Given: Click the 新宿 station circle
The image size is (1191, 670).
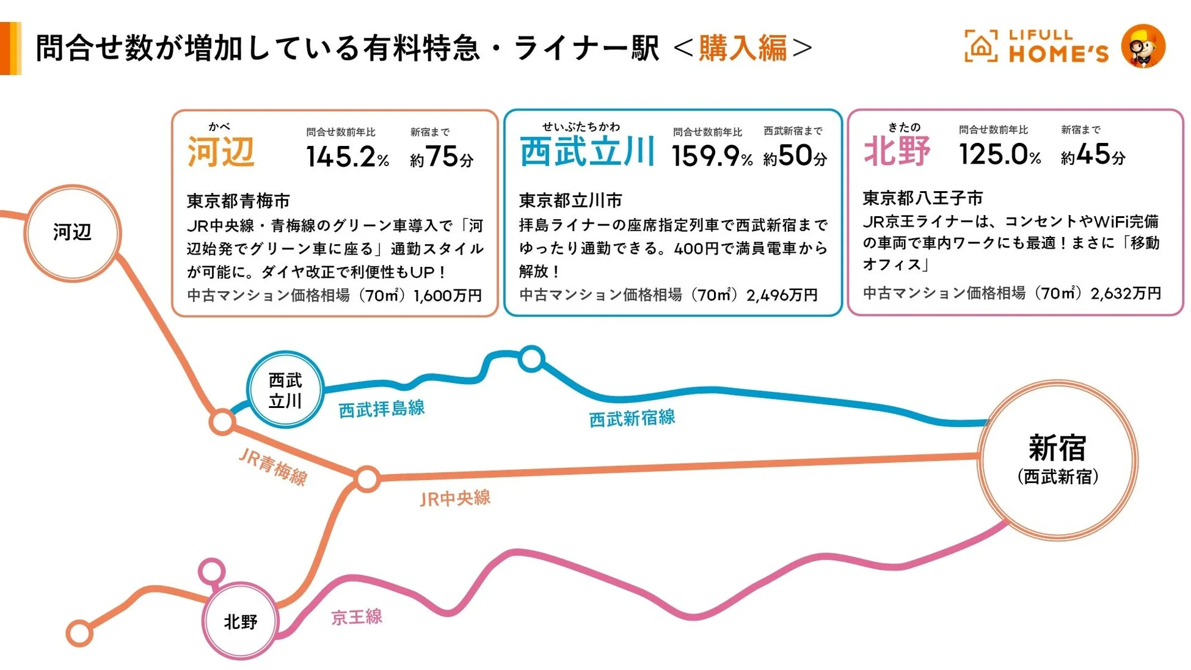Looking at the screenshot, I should (1057, 460).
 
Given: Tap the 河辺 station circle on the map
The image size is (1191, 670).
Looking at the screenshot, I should (72, 233).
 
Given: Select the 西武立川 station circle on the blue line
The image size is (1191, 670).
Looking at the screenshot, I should (285, 390).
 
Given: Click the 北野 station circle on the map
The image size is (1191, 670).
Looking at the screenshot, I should (240, 621).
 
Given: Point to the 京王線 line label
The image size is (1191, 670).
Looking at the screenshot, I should (357, 616).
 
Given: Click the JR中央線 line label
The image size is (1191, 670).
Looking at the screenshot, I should (455, 498).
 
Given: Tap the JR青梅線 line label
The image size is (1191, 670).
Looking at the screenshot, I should (272, 467).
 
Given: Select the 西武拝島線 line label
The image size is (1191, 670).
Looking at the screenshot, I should (382, 409).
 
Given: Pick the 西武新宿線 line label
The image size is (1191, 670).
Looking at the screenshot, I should (632, 418).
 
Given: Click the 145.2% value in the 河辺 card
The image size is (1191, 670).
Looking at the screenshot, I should (347, 157).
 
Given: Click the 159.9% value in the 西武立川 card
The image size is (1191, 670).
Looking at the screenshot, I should (712, 156).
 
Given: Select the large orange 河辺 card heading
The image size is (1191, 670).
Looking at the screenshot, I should (221, 151).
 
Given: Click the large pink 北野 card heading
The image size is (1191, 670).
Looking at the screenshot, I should (897, 150).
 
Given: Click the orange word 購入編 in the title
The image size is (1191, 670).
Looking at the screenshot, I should (743, 48).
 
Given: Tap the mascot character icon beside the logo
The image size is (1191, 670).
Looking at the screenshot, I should (1143, 46).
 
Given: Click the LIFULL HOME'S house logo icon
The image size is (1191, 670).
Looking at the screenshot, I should (980, 46).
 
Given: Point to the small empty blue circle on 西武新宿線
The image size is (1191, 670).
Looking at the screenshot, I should (531, 359).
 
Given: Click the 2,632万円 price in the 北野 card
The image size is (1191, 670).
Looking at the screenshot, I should (1126, 293).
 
